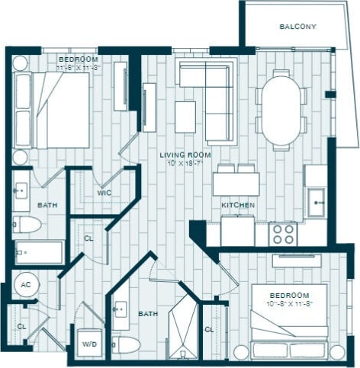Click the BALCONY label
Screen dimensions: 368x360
coord(297,27)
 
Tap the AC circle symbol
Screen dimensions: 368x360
coord(24,286)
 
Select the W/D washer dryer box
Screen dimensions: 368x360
coord(89,343)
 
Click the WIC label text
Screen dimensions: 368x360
coord(104,193)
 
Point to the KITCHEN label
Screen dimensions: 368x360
coord(237,206)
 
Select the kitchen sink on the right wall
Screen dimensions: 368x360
coord(315,201)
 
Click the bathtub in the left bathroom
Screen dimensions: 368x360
coord(38,251)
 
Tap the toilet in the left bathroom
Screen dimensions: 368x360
coord(27,224)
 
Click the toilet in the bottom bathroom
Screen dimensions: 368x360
coord(127,344)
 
